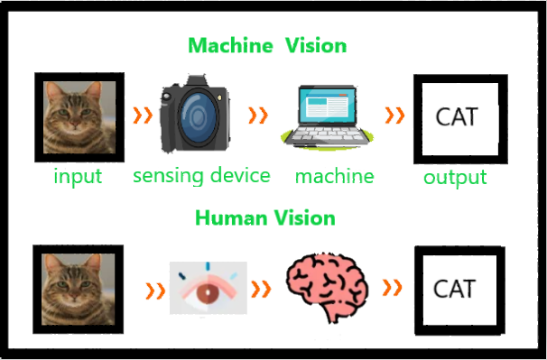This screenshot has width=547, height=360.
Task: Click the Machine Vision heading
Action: (x=267, y=46)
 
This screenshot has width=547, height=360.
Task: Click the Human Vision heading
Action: (x=265, y=218)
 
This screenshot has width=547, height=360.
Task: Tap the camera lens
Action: (x=198, y=115)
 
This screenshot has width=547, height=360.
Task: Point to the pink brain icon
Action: (x=328, y=287)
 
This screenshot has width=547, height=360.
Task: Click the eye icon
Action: (x=209, y=288)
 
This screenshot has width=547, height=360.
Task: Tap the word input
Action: (x=78, y=176)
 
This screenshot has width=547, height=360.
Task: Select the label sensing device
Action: (x=201, y=175)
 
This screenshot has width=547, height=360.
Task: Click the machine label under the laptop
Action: (x=335, y=176)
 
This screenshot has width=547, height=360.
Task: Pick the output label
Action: (x=455, y=178)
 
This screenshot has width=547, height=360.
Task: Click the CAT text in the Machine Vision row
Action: (x=457, y=116)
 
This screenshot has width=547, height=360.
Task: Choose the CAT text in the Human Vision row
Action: (x=455, y=289)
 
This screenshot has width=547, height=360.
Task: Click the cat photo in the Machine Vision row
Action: (x=79, y=117)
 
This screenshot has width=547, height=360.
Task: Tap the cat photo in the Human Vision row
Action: (x=79, y=290)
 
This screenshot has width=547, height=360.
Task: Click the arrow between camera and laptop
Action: (x=258, y=115)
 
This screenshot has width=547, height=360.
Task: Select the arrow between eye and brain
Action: (x=261, y=289)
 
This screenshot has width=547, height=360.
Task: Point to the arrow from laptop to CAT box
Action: (x=394, y=115)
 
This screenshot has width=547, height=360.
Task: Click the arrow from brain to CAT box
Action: (x=393, y=288)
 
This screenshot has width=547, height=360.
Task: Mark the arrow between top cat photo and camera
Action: (x=143, y=115)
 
